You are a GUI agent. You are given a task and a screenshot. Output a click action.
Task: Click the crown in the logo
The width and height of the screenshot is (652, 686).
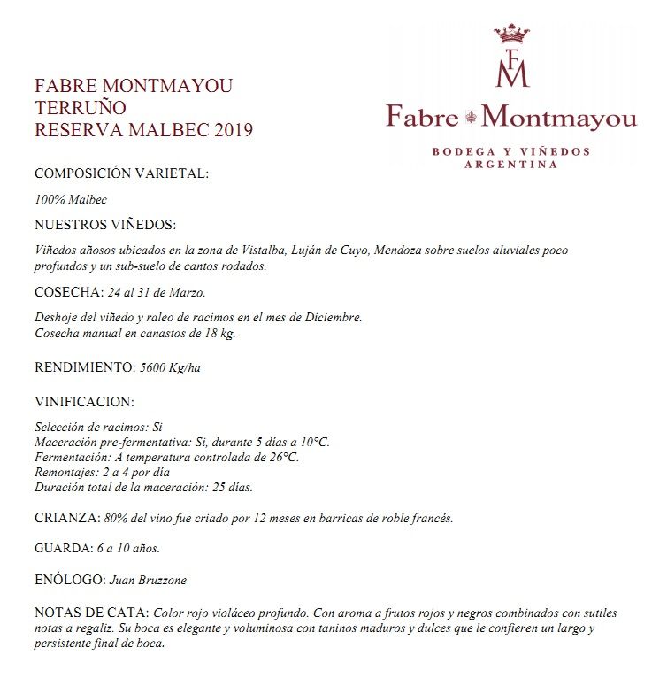511,34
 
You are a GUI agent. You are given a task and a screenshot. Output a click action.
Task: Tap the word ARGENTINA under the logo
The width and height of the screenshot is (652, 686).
511,165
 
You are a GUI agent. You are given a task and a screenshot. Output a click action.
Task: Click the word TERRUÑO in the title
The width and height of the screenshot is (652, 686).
80,109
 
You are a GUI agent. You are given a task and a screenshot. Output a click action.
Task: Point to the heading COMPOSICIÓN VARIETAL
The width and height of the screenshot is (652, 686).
121,173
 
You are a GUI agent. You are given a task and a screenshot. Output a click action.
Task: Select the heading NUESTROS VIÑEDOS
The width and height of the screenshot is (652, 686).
105,225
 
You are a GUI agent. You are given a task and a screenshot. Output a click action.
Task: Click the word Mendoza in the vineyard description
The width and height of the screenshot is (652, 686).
398,251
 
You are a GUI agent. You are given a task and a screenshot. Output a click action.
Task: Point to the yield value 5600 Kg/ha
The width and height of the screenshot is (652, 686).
171,367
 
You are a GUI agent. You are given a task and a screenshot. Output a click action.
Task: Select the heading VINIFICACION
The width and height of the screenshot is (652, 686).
84,401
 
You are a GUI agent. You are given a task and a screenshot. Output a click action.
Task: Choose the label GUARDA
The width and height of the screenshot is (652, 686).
62,549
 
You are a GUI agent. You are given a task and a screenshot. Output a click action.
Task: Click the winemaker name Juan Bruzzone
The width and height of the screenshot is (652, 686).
148,581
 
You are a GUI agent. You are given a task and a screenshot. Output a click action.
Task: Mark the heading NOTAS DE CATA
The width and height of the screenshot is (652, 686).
91,613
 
